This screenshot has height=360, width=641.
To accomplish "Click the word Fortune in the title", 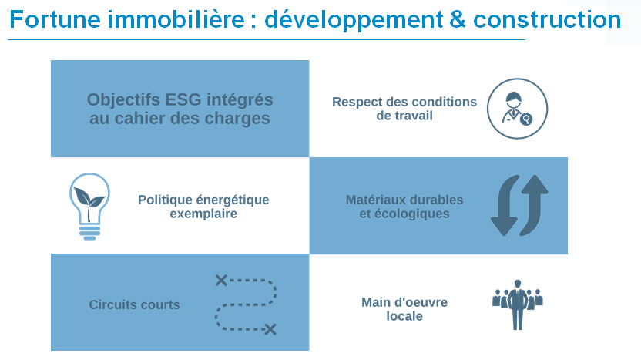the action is pyautogui.click(x=55, y=19).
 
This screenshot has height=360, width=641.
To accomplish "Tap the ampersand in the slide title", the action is pyautogui.click(x=458, y=19).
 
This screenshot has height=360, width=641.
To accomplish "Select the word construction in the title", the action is pyautogui.click(x=547, y=19).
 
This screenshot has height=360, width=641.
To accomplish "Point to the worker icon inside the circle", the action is pyautogui.click(x=517, y=109).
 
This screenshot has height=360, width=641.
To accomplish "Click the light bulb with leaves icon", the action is pyautogui.click(x=89, y=206).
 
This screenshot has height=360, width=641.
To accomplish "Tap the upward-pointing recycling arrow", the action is pyautogui.click(x=533, y=205).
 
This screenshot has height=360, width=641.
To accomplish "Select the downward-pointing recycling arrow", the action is pyautogui.click(x=505, y=206).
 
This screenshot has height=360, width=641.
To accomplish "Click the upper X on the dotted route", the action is pyautogui.click(x=221, y=281).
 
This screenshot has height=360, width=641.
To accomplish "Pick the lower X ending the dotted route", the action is pyautogui.click(x=270, y=329).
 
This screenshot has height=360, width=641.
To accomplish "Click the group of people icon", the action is pyautogui.click(x=518, y=304).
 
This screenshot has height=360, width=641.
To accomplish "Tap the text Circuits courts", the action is pyautogui.click(x=135, y=304).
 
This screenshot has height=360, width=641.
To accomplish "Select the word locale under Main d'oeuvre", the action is pyautogui.click(x=404, y=316).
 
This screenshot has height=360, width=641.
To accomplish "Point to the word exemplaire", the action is pyautogui.click(x=203, y=214).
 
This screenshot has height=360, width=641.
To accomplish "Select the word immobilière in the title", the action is pyautogui.click(x=176, y=19).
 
